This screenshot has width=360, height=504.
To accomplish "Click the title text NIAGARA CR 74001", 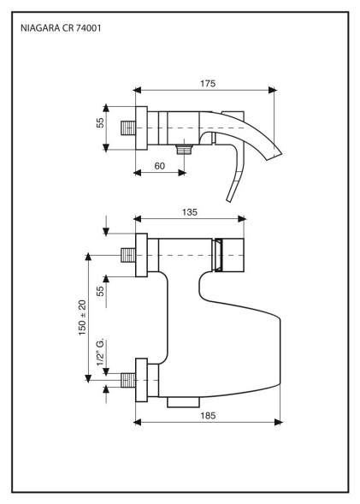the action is point(61,28).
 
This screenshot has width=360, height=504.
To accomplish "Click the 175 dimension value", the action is point(208,84).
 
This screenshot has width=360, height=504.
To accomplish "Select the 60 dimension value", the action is point(159,166).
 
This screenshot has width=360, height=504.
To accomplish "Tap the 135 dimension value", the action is point(190,212).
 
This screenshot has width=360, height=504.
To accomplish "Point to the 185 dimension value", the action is point(208,416).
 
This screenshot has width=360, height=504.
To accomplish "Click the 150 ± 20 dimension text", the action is point(82,317).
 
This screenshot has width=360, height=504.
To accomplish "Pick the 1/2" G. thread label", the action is point(101,352).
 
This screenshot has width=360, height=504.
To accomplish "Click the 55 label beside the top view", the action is point(101,122).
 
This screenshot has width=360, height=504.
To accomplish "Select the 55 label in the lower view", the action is point(101,291).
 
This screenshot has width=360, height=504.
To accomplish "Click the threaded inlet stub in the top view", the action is point(128,128).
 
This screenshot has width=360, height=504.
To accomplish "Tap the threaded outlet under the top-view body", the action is point(185,149).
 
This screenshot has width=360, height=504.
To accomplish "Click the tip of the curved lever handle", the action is point(228,200).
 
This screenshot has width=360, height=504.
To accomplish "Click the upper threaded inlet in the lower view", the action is point(128,255).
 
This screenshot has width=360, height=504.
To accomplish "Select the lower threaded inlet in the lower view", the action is point(128,380).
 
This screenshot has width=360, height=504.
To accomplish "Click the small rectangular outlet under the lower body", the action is point(183,402).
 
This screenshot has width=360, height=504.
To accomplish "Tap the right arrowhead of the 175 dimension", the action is point(273,91).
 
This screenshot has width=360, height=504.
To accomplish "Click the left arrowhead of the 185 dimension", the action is point(138,422).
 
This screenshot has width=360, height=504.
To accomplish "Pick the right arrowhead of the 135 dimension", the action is point(242,219).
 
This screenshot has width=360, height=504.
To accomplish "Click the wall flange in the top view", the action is point(141,128).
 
